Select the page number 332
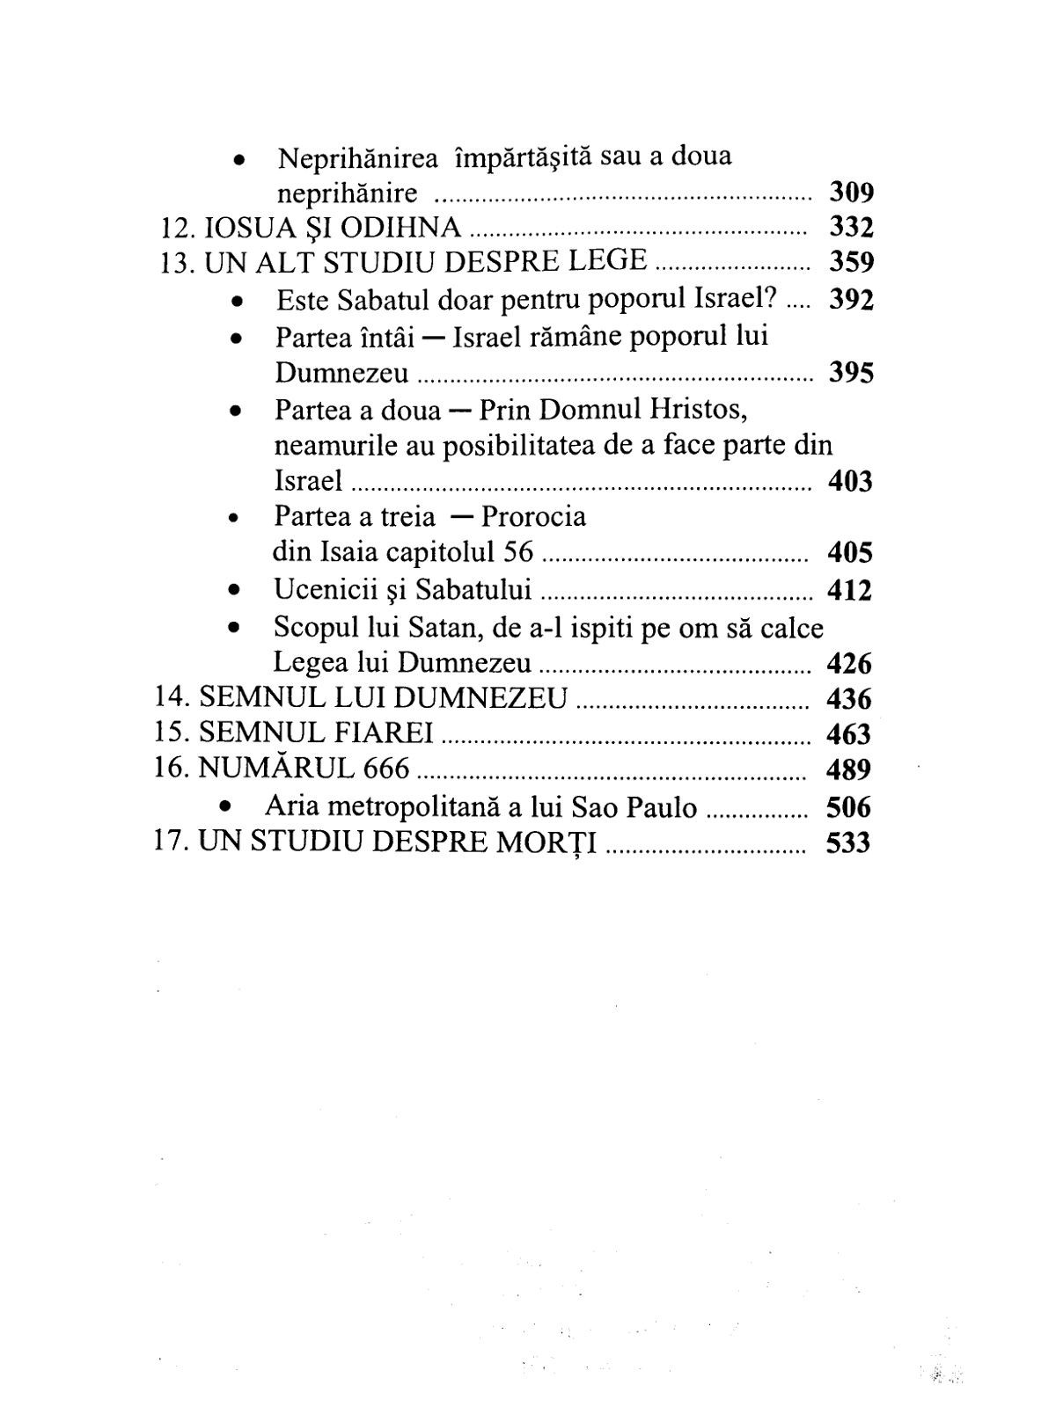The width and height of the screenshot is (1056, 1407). [851, 227]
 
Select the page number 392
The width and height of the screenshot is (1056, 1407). [851, 300]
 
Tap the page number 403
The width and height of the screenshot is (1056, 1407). [850, 481]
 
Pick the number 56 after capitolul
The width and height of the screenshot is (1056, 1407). [516, 552]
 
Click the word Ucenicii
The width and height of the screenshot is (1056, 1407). [325, 589]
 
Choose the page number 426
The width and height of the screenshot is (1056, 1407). [849, 662]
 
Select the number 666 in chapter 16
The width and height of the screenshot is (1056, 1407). [385, 769]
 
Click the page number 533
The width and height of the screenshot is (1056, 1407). [848, 842]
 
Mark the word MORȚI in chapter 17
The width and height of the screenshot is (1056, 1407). [553, 842]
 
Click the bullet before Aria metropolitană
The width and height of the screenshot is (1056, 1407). [228, 806]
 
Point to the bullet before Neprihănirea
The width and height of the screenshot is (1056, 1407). [238, 161]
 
